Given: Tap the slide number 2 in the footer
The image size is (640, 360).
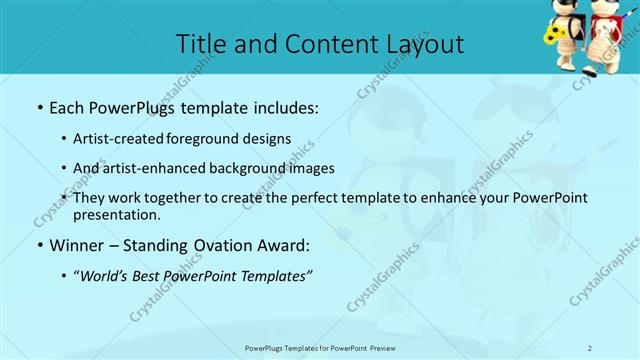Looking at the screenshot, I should (590, 347).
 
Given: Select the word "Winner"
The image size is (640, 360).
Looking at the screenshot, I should (77, 244).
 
